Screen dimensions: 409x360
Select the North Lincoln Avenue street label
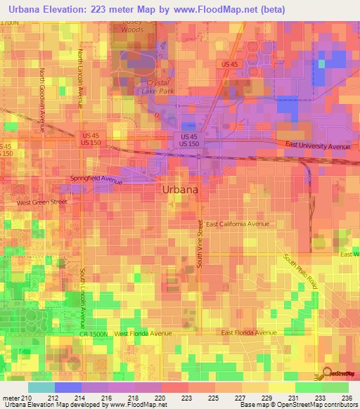point(81,78)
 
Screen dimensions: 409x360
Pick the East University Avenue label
point(318,146)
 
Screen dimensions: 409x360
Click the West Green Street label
point(41,202)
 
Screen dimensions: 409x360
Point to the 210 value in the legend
point(27,397)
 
